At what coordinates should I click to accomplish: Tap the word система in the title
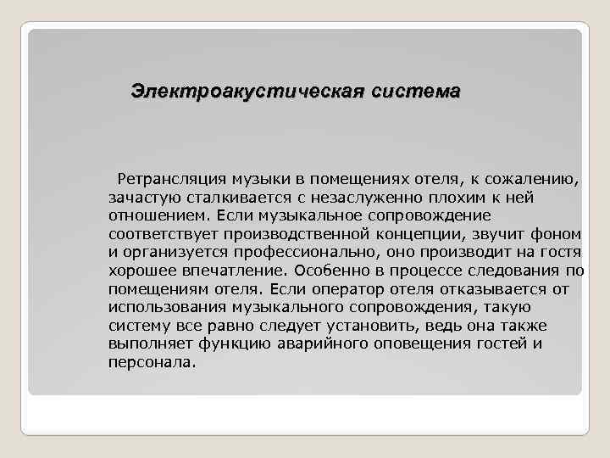tap(415, 91)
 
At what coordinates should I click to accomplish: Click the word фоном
tap(561, 232)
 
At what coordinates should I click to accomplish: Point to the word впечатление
tap(229, 271)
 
